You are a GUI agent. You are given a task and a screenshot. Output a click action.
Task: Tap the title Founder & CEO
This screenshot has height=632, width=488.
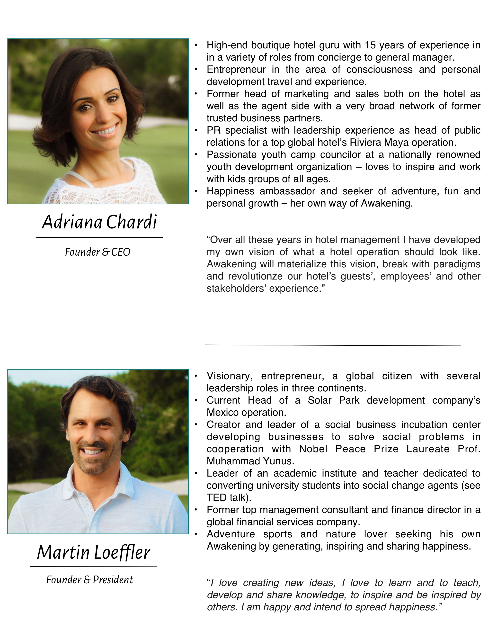tap(98, 252)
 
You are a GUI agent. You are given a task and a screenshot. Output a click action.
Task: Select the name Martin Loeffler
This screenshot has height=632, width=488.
tap(93, 552)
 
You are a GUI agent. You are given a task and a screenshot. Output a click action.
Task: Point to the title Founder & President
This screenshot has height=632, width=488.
tap(90, 580)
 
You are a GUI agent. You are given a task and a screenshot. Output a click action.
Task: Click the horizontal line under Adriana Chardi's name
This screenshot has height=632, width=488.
tap(99, 237)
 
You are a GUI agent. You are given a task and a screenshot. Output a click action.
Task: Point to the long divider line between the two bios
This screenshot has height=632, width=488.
tap(333, 345)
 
